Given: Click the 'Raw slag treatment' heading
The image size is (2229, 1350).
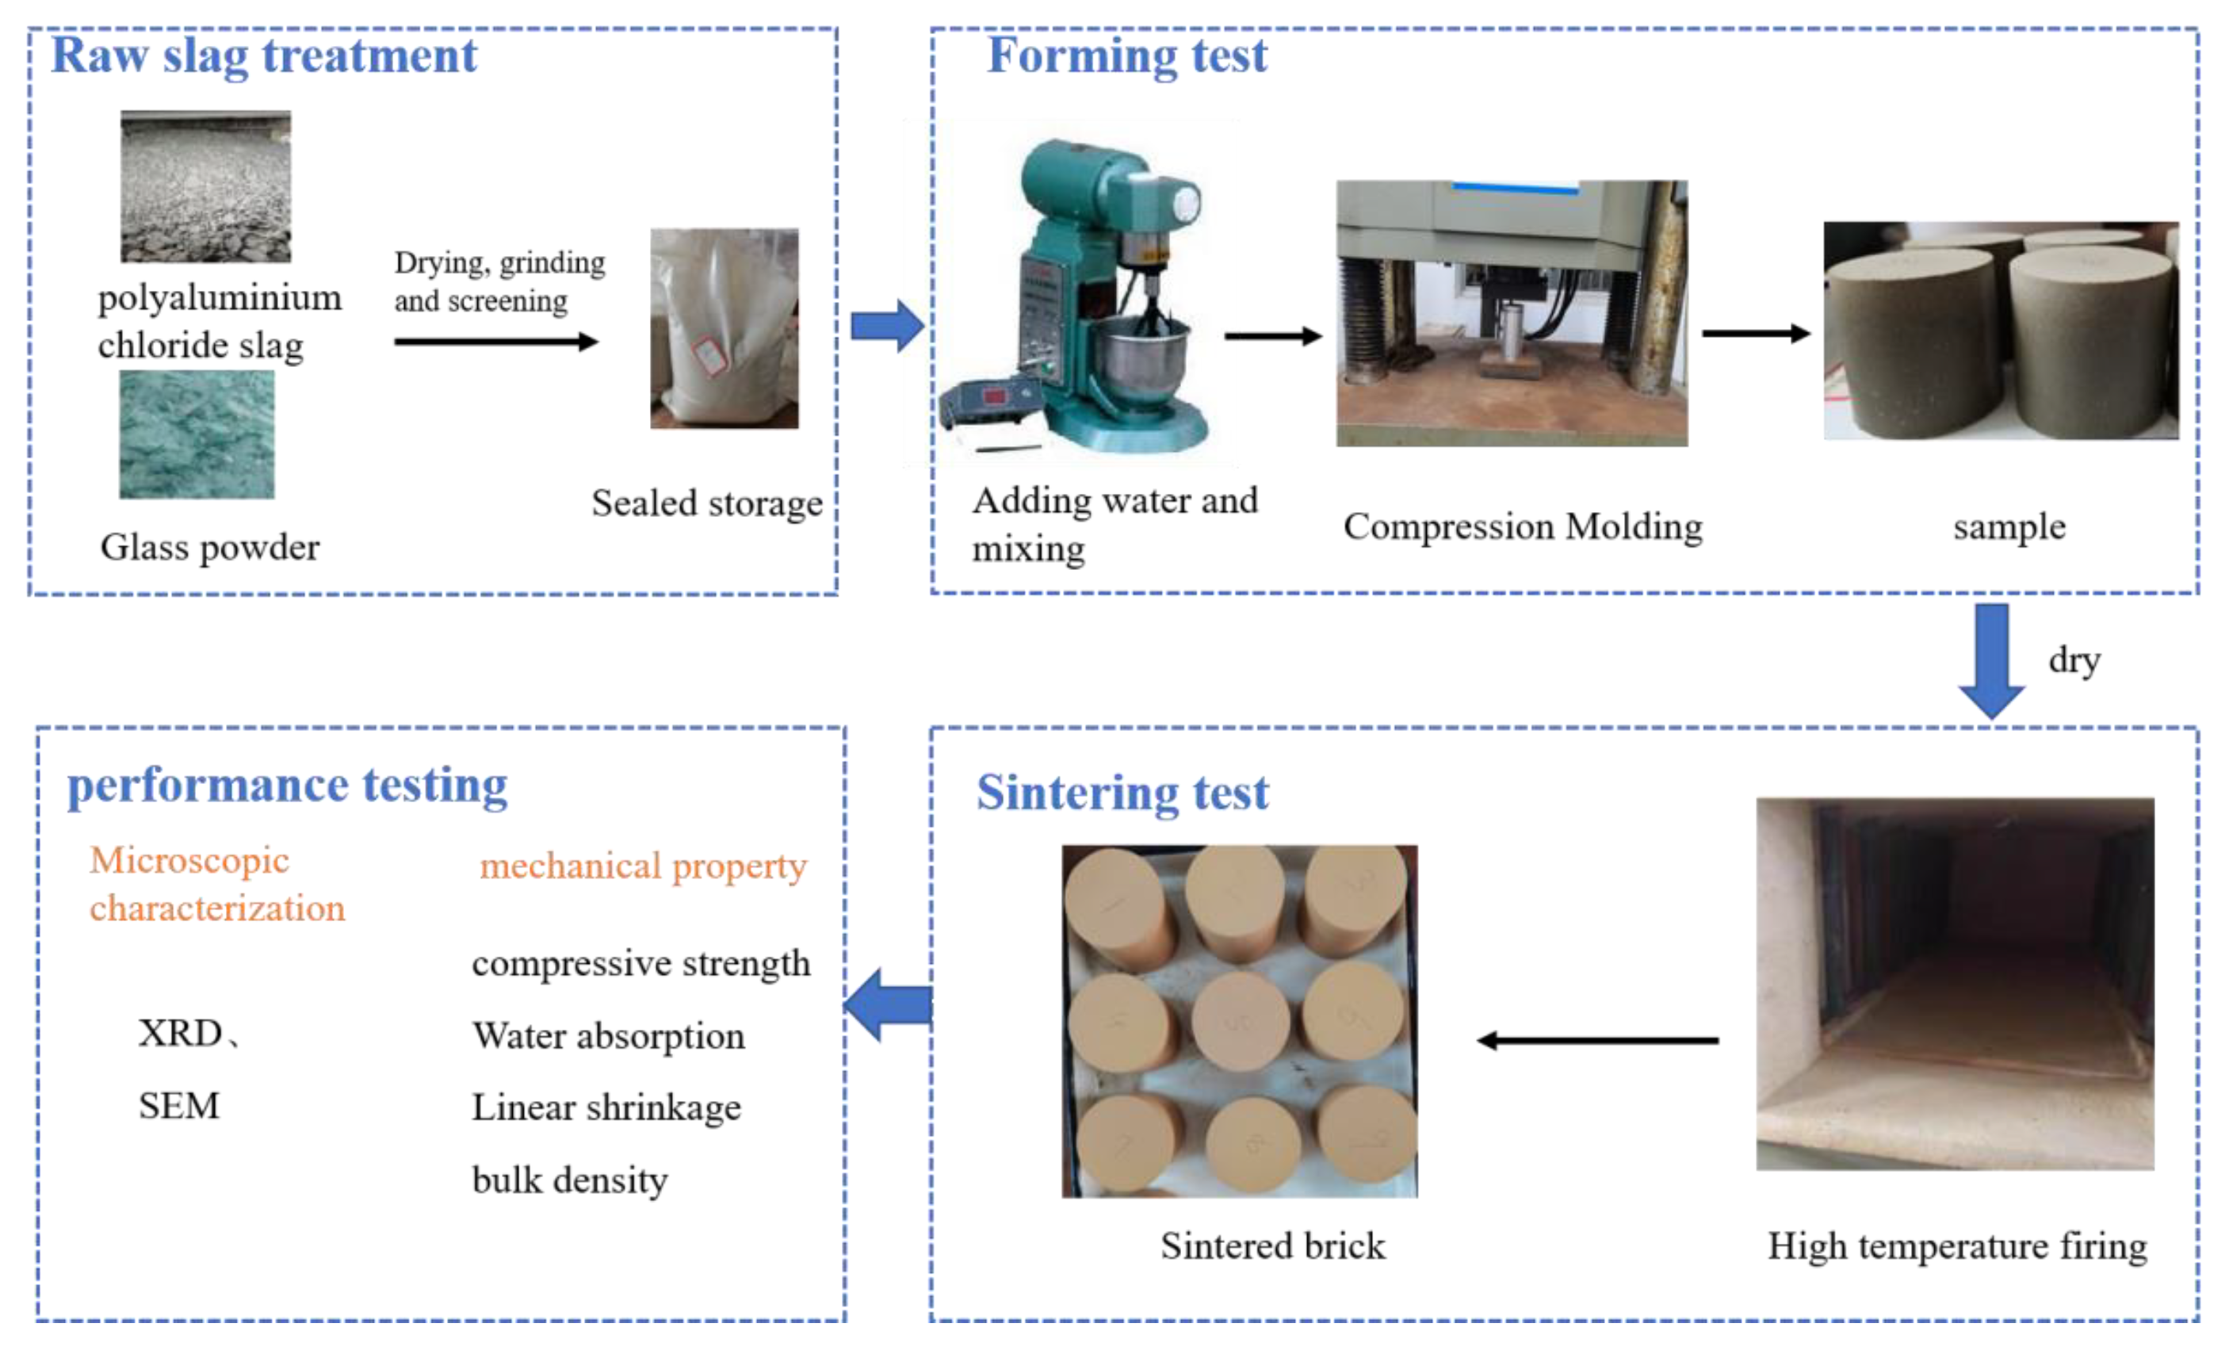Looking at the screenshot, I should pos(263,55).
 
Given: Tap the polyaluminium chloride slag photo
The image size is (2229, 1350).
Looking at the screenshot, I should pos(206,186).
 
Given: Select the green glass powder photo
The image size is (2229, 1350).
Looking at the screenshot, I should pos(197,434).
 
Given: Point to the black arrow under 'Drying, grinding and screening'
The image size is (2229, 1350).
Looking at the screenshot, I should pos(495,342).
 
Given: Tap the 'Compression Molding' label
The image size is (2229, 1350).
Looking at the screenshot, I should pos(1523,526).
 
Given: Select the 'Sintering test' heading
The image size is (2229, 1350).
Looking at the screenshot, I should pos(1122,793).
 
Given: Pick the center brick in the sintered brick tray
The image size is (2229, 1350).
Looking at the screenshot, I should pos(1239,1021).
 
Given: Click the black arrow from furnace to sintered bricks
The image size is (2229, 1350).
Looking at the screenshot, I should pos(1597,1041).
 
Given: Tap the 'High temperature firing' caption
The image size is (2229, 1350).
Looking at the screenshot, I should pos(1956,1246).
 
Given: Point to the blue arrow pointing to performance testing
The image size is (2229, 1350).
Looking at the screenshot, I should pos(889,1004).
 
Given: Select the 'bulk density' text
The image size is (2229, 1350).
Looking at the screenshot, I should pos(570,1180).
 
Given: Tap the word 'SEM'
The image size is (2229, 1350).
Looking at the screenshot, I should pos(179,1106).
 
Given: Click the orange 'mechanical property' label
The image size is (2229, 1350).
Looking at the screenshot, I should pos(642,866).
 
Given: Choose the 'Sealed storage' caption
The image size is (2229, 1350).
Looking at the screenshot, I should pos(706,503).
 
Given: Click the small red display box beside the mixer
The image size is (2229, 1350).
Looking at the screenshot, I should pos(994,396).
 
